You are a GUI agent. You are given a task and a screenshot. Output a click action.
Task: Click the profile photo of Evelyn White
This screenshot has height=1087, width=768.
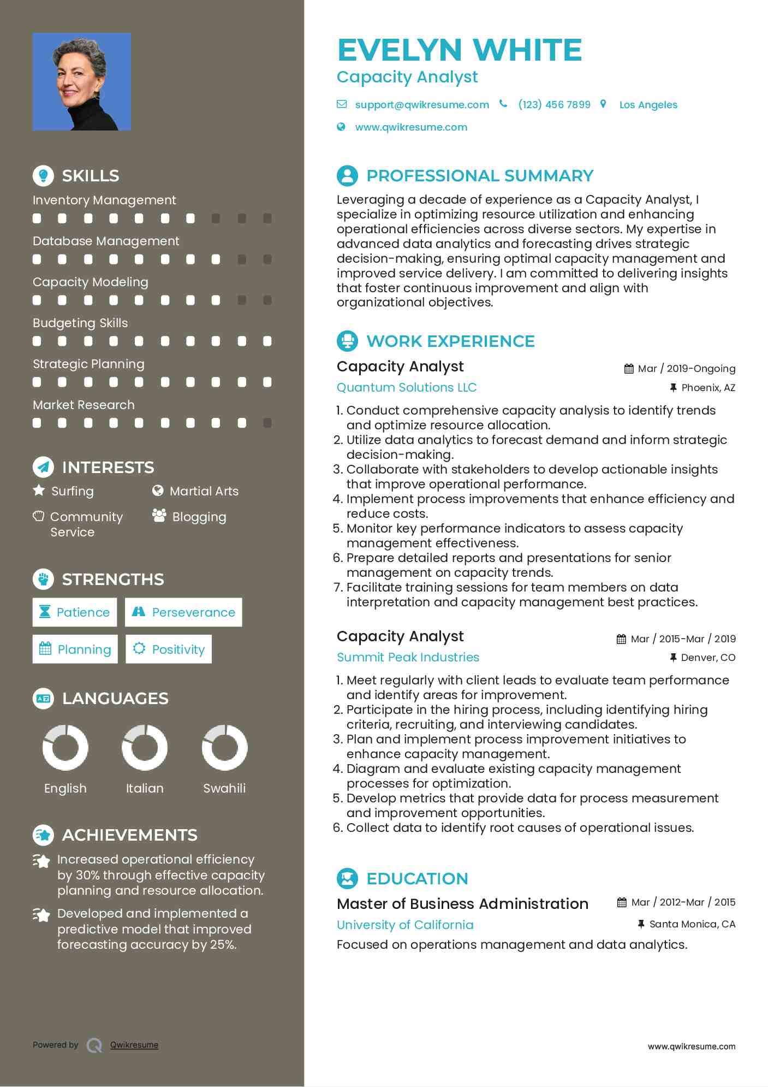[82, 82]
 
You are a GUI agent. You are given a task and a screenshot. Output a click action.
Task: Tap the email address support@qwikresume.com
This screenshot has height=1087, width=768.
[421, 105]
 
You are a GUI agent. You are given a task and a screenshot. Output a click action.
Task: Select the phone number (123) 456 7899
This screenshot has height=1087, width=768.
[554, 105]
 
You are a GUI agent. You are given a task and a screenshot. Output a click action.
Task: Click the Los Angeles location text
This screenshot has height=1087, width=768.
[648, 105]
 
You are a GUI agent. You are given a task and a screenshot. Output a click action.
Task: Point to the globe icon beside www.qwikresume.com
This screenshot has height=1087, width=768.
[341, 127]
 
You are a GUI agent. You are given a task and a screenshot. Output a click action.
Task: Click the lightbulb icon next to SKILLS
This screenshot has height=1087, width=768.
[43, 176]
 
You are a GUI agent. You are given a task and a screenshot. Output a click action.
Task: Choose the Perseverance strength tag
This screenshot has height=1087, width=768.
[183, 612]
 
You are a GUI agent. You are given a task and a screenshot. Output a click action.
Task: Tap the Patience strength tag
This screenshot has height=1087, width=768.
[75, 612]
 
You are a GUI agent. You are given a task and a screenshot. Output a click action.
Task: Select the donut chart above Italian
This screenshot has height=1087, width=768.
[145, 747]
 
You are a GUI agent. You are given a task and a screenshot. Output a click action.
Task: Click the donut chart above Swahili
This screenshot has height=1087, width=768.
[224, 747]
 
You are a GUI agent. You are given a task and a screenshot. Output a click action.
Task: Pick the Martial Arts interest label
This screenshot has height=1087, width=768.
[204, 491]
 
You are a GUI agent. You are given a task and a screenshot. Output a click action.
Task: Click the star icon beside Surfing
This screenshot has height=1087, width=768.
[39, 491]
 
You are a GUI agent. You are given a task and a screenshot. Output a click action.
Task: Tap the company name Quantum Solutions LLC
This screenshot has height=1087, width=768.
[407, 388]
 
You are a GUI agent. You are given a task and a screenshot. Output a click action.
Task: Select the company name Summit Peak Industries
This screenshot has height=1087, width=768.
[408, 658]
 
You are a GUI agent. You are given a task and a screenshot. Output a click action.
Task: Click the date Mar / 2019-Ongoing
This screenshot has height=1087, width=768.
[686, 369]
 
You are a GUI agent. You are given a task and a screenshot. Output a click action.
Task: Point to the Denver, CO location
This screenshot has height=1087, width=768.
[707, 658]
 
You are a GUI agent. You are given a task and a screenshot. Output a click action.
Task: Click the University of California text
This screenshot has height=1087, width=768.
[405, 925]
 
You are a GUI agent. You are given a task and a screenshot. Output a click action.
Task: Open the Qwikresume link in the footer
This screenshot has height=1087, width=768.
[134, 1045]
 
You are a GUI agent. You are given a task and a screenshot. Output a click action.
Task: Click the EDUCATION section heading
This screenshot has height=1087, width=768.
[417, 879]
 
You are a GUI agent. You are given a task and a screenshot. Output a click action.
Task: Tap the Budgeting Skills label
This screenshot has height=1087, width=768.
[80, 323]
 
